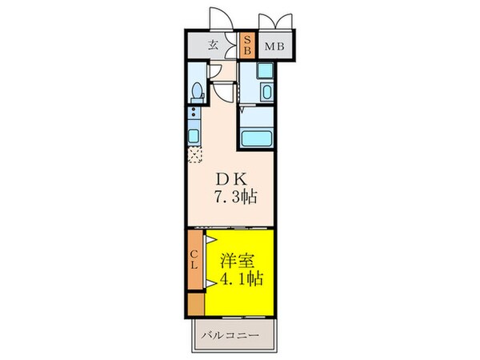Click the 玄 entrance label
(x=214, y=46)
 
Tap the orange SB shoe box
(x=247, y=46)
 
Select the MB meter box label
(x=273, y=47)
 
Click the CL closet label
(x=194, y=260)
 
